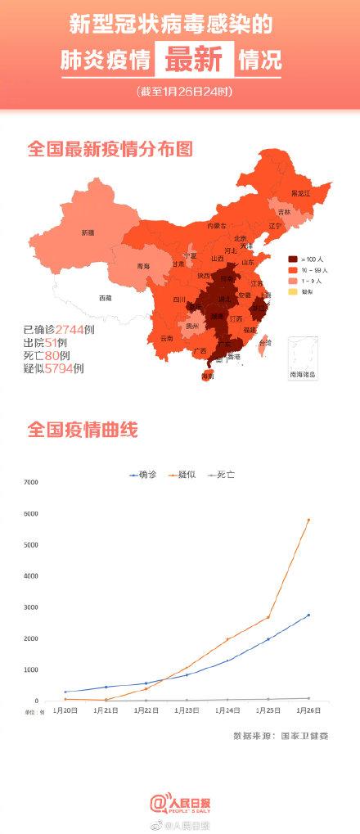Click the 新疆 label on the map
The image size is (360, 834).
[x=88, y=232]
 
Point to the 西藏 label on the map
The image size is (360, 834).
[x=105, y=297]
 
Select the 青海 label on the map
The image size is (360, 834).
[x=144, y=266]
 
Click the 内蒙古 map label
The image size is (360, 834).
[x=215, y=224]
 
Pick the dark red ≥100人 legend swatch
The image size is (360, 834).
[x=292, y=259]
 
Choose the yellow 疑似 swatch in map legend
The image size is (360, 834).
[x=292, y=291]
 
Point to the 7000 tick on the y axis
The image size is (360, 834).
[x=30, y=483]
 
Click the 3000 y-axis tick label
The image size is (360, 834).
[x=30, y=607]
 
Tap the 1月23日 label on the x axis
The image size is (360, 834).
[x=186, y=711]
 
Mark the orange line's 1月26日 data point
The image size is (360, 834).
[x=308, y=520]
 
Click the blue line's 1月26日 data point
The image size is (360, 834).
[x=308, y=615]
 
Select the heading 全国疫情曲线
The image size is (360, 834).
[x=83, y=428]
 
